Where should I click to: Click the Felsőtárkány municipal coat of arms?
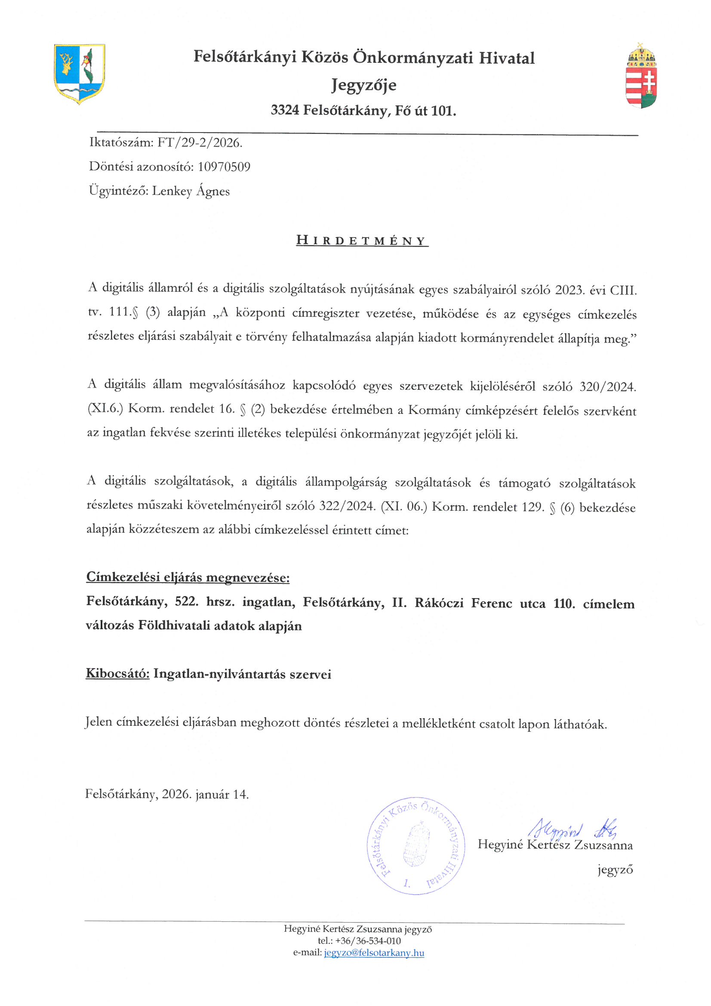79,74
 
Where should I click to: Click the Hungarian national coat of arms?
641,75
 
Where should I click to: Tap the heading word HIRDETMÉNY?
362,241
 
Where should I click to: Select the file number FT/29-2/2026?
199,142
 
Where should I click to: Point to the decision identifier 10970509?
224,167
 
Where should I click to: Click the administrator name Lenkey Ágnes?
191,191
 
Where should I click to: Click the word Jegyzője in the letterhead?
363,85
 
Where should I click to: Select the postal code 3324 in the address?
285,111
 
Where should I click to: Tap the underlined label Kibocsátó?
117,673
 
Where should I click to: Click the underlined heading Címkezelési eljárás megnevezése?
188,577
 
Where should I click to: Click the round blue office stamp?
416,845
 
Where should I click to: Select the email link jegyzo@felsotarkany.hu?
374,953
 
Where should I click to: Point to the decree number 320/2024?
607,386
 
